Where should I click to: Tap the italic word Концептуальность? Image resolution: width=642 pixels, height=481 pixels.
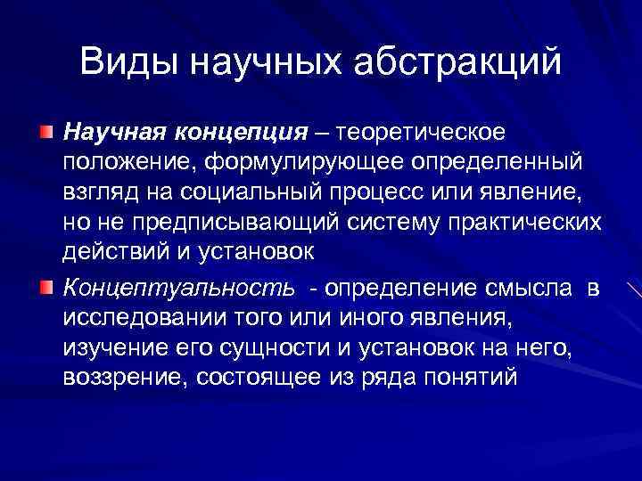point(177,288)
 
